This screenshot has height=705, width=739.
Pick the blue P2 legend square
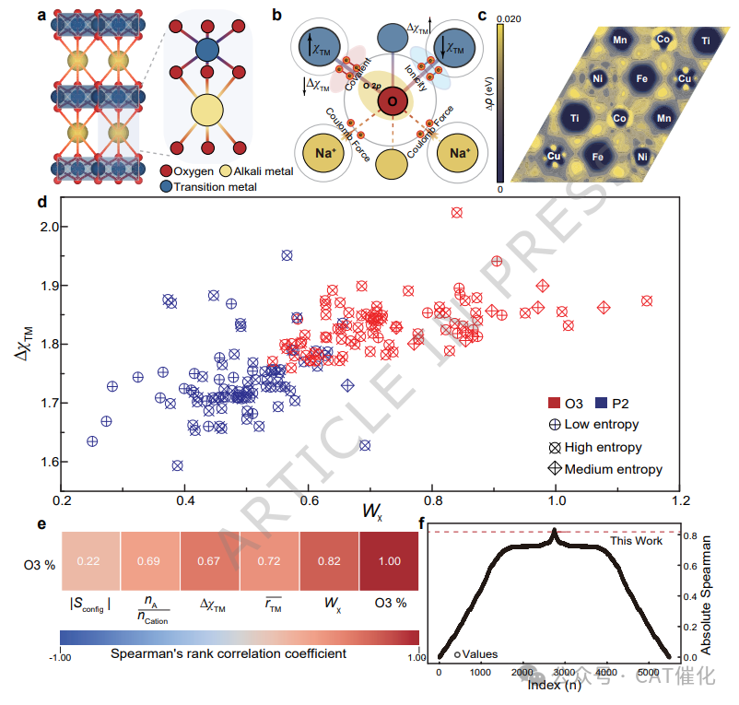point(602,403)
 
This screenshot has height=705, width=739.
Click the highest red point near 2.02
point(456,213)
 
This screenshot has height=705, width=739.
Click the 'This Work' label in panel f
point(638,541)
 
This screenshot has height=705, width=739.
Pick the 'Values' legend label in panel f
point(479,654)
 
